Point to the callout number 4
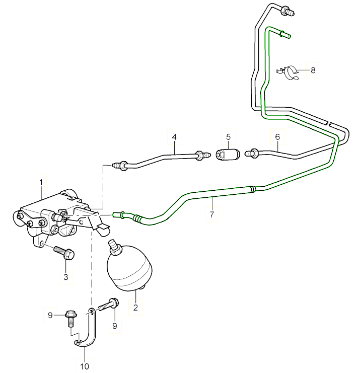click(174, 137)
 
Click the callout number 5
click(228, 137)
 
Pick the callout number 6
click(277, 137)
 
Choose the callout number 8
click(313, 70)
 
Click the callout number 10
click(84, 366)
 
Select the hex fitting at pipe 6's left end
click(251, 153)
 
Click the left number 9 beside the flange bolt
click(50, 315)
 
